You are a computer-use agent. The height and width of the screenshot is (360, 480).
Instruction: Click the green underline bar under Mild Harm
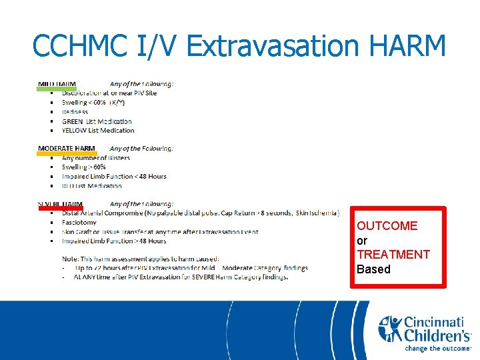tap(57, 88)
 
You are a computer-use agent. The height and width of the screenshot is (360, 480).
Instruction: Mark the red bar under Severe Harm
tap(60, 208)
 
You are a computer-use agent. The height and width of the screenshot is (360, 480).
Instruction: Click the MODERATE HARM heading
tap(66, 148)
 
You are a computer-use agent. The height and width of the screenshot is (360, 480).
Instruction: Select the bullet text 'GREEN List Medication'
tap(97, 121)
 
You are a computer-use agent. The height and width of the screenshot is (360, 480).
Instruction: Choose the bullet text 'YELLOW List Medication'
tap(98, 131)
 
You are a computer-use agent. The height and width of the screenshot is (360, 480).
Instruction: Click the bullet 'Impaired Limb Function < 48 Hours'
tap(114, 177)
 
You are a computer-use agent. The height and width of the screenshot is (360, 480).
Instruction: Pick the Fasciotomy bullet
tap(79, 223)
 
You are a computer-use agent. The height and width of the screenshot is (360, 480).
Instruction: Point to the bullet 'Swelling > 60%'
tap(83, 167)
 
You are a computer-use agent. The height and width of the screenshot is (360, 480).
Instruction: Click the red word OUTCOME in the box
tap(387, 226)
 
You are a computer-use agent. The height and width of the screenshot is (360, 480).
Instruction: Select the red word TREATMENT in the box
tap(393, 255)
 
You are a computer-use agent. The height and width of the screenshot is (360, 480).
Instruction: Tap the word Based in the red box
tap(373, 269)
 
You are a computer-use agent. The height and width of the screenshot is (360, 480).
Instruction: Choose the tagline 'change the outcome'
tap(437, 347)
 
